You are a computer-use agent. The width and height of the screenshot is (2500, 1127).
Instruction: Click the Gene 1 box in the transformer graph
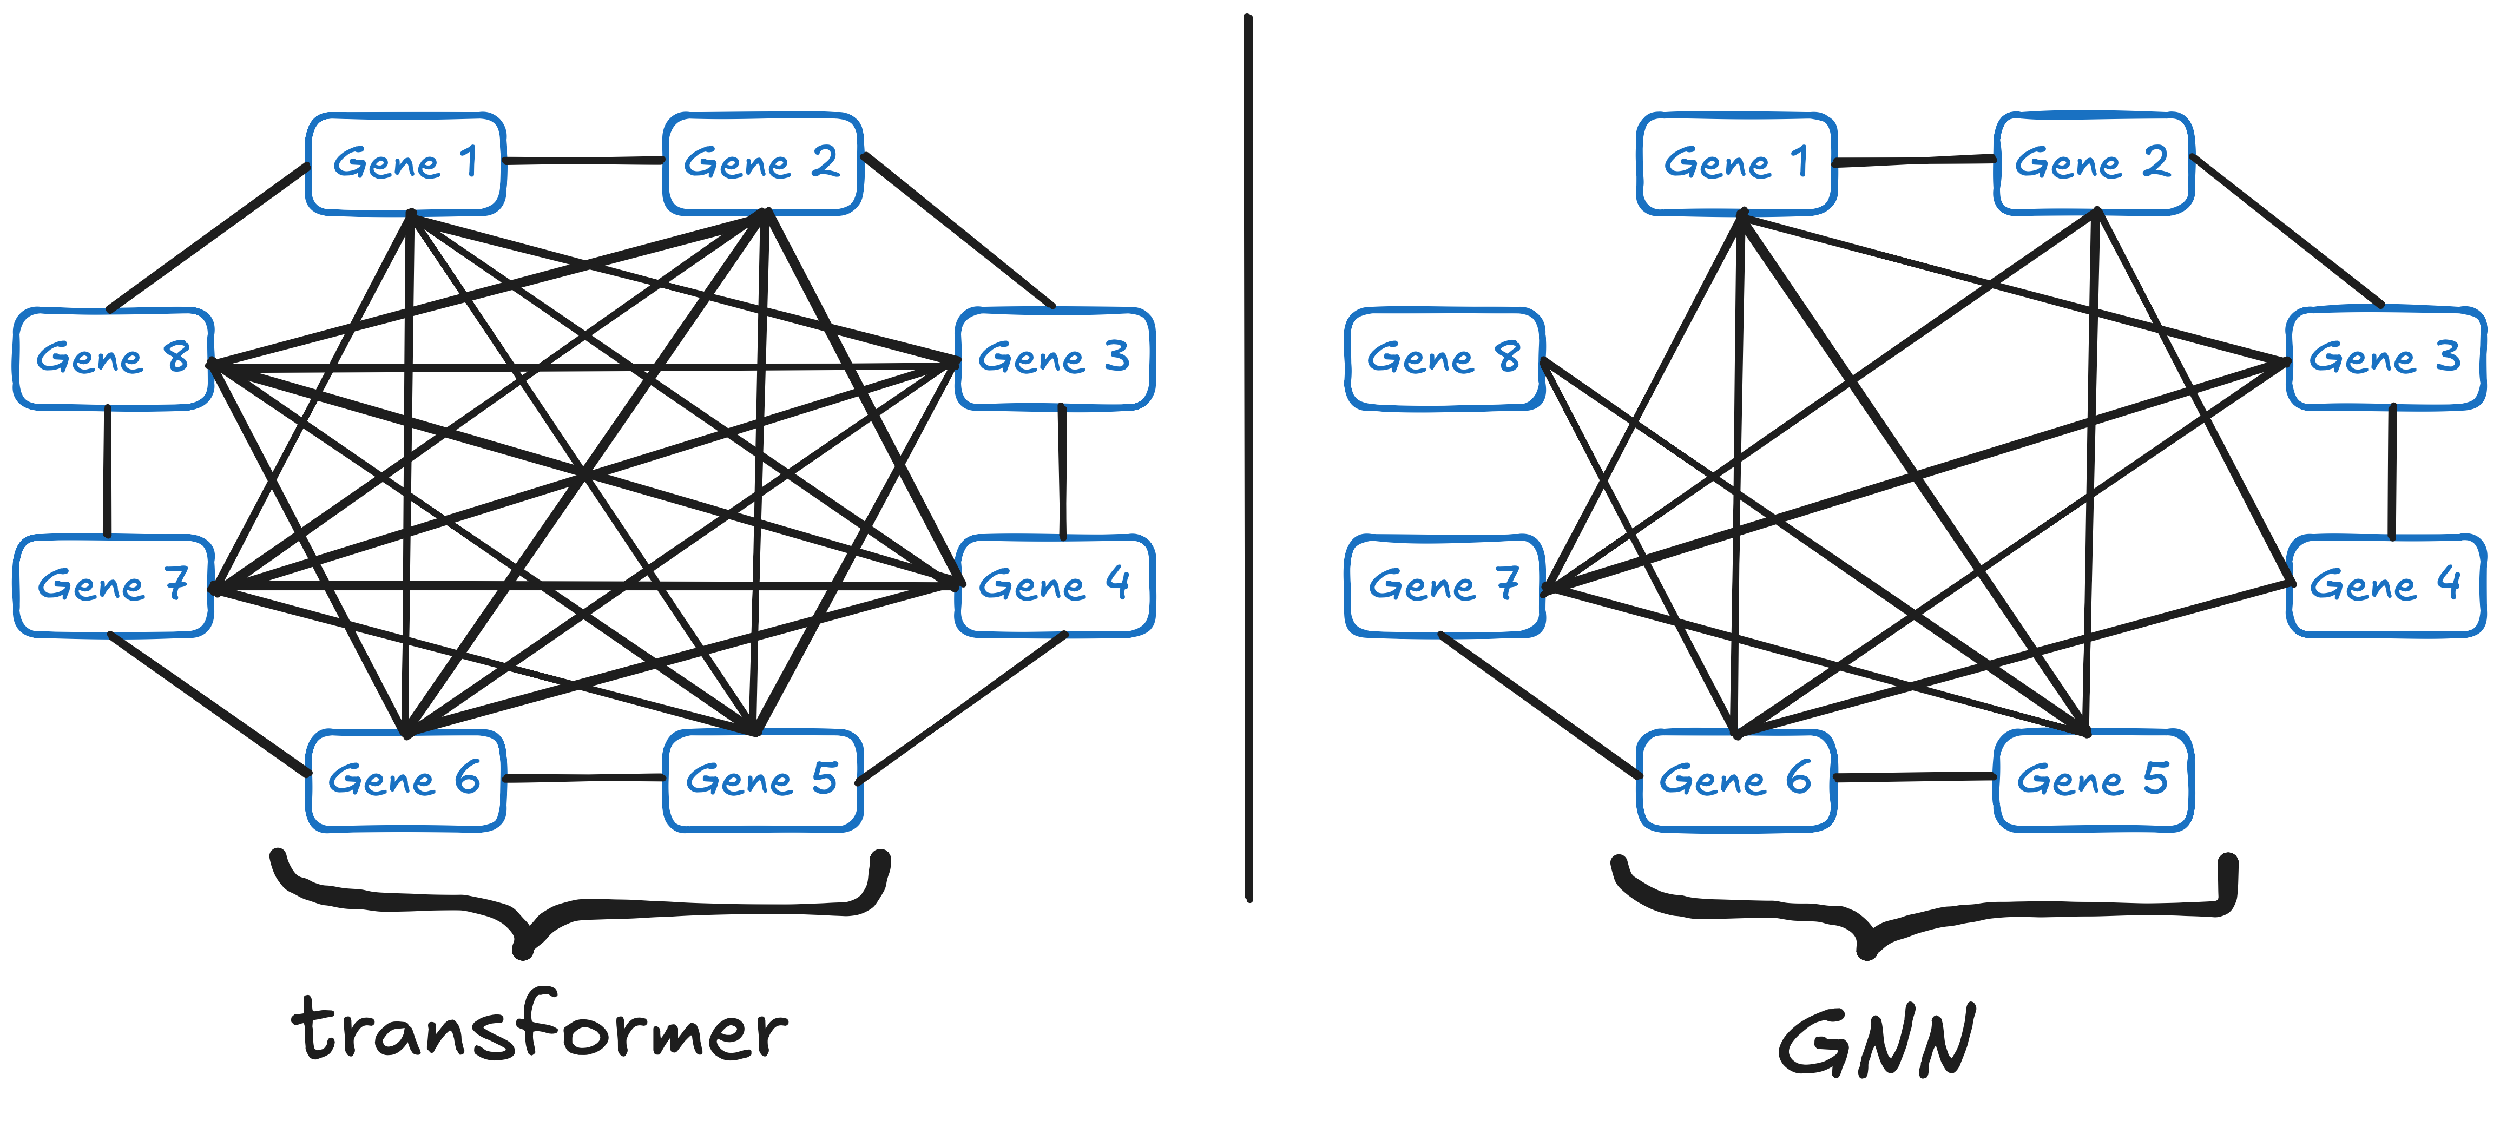click(406, 163)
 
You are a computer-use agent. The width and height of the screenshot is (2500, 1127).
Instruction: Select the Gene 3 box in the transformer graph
click(1055, 358)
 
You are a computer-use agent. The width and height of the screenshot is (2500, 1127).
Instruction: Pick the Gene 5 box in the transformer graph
click(763, 780)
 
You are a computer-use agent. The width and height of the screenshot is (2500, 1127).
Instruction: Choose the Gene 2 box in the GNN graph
click(2094, 163)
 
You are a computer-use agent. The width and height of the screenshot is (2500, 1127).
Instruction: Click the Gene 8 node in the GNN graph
click(1445, 358)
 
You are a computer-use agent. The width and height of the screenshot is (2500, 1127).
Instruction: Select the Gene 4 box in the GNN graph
click(2386, 585)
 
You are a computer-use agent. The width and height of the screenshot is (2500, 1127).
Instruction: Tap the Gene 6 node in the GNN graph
click(1736, 780)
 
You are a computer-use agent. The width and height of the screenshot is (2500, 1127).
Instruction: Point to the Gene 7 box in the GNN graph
click(1445, 585)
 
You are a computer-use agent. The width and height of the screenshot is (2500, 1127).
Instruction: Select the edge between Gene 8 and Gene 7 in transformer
click(107, 472)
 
